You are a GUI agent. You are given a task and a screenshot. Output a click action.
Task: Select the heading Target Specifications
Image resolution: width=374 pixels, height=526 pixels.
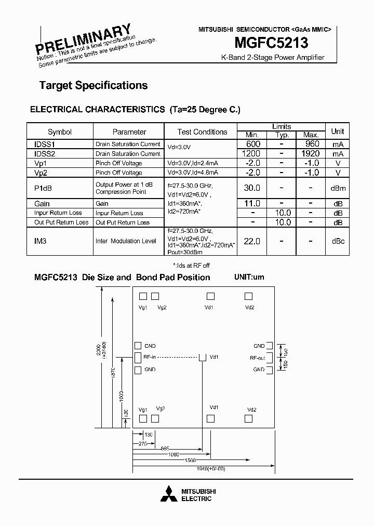tap(94, 85)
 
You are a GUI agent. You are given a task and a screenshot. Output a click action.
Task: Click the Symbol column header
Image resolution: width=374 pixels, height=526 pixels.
tap(60, 132)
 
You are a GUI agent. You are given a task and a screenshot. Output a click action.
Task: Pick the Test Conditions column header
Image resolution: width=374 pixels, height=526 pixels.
tap(202, 132)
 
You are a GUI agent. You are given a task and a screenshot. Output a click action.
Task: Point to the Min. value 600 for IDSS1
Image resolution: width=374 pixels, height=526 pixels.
tap(252, 144)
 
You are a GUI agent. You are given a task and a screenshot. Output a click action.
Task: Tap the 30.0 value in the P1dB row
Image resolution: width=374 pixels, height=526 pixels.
tap(252, 188)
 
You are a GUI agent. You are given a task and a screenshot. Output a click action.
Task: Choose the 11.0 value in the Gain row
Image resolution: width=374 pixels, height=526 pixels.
tap(252, 204)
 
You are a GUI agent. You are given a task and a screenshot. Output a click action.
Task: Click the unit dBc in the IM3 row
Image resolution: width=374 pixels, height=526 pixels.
tap(338, 241)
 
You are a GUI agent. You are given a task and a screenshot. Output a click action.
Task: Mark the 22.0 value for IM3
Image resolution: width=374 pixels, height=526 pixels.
tap(252, 241)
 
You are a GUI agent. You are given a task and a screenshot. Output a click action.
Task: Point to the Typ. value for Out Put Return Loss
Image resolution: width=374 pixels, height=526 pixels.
tap(282, 222)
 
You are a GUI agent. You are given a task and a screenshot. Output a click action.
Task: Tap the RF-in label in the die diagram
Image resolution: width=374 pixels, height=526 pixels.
tap(150, 357)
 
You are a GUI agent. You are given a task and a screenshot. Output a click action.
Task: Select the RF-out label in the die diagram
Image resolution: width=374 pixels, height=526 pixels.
tap(257, 358)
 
